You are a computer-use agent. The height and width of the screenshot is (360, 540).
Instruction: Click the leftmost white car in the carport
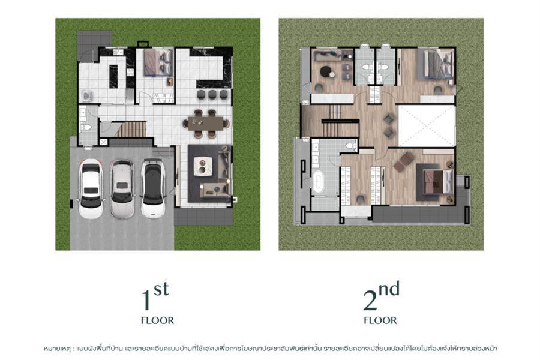91,188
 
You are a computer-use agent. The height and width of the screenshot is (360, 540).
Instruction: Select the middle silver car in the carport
122,189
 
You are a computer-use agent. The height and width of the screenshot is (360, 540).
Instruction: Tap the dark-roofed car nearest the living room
153,188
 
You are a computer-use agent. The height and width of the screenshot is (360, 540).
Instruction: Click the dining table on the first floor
206,124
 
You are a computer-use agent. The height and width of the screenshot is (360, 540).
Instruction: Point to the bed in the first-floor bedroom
158,62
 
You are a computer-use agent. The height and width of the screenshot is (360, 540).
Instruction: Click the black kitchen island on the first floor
113,76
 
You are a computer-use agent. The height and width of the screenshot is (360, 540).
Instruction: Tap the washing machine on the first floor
86,95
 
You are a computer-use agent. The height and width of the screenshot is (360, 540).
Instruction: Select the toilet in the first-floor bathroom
86,127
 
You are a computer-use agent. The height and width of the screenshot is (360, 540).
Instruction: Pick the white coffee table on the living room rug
203,166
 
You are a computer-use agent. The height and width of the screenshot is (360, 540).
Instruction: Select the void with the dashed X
427,126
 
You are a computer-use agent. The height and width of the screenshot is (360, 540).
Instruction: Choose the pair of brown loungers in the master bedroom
404,161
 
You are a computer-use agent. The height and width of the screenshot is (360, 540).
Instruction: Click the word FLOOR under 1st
157,321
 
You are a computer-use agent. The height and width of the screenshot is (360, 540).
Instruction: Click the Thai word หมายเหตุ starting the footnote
57,349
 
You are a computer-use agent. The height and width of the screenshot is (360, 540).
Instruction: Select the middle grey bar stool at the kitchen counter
212,94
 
